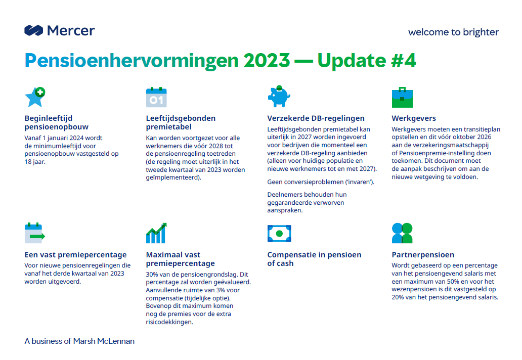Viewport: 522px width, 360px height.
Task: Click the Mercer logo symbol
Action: [33, 31]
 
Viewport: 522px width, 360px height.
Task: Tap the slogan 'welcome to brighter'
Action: [453, 32]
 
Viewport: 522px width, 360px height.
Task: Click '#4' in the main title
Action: [404, 61]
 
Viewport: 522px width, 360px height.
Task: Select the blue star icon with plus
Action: [35, 97]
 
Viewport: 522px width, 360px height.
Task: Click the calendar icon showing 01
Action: [156, 97]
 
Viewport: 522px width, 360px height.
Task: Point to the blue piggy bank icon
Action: [279, 97]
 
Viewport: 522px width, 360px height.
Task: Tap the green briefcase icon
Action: [402, 98]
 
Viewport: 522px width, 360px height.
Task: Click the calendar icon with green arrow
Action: [34, 233]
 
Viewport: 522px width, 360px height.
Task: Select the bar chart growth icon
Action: [156, 233]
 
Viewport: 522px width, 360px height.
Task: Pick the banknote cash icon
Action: [279, 234]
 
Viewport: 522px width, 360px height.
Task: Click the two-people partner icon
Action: [402, 233]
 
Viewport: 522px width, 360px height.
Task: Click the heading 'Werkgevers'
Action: [414, 118]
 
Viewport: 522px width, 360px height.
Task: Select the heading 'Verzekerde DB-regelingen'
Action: [316, 118]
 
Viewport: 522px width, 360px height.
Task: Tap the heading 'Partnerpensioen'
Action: [423, 255]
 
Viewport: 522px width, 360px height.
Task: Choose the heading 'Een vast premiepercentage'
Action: [75, 255]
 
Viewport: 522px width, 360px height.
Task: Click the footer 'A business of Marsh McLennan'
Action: [79, 341]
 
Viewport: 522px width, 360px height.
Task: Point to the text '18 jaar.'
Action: [35, 162]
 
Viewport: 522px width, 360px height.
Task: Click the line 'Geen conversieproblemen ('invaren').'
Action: [321, 182]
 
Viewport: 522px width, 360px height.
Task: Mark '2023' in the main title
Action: [267, 61]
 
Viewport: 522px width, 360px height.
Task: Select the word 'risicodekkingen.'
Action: [169, 322]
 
